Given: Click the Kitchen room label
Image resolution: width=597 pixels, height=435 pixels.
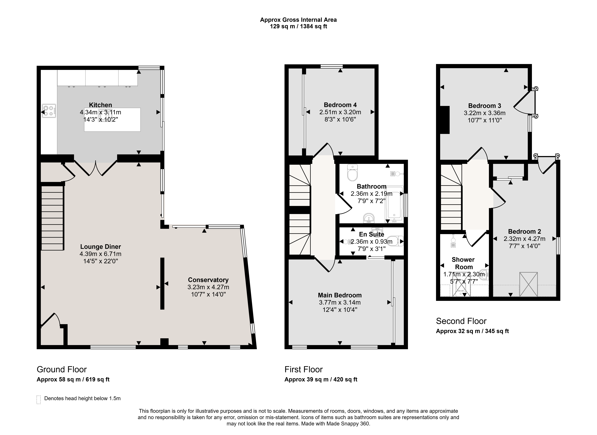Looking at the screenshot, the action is (100, 105).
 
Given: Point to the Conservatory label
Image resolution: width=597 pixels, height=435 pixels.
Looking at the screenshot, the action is (208, 280).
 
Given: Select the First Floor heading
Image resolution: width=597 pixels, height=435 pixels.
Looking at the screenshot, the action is (303, 369).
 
